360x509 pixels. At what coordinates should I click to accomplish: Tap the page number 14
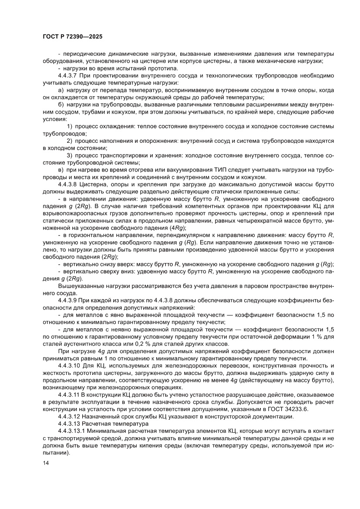[x=46, y=475]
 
